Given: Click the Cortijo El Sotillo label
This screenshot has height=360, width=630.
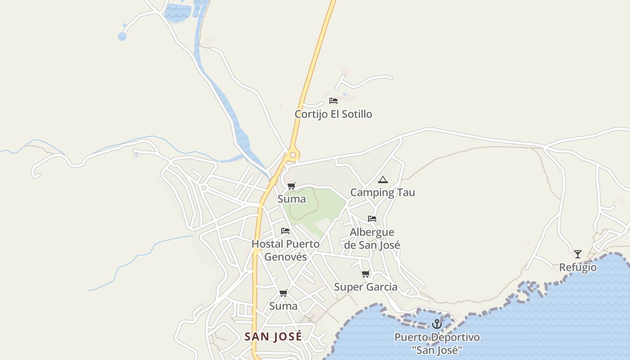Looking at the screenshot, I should point(333,114).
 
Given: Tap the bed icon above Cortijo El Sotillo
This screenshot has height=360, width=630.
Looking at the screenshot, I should point(333,101).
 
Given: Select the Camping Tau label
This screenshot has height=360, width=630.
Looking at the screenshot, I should point(382,193).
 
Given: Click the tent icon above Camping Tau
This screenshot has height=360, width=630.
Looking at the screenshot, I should point(382,180).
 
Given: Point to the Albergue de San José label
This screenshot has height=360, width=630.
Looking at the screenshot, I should point(372,238).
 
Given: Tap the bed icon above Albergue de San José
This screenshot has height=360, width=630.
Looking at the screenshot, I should point(372,219).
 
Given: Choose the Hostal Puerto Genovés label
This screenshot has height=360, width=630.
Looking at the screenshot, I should point(285,250).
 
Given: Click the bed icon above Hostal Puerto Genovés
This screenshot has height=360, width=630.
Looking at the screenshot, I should point(285,231).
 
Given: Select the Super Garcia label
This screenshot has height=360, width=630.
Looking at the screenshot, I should point(365,287).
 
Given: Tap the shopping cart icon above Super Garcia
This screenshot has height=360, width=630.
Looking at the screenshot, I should point(366,274).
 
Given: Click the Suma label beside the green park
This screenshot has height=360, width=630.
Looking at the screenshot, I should point(292,199).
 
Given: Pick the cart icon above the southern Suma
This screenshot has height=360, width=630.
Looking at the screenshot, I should point(283,293).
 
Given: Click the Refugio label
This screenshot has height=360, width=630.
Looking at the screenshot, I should point(578,268).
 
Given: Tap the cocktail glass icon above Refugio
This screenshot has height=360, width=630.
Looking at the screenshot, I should point(578,254).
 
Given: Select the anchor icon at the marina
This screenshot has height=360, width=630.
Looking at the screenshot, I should point(436,324).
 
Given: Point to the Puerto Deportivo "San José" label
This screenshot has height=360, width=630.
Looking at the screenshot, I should point(437,344).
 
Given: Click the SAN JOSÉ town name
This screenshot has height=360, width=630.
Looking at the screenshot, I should point(273,337).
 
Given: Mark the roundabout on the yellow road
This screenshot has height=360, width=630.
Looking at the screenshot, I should point(293,155).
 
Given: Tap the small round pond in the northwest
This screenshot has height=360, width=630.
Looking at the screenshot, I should point(122,36).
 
